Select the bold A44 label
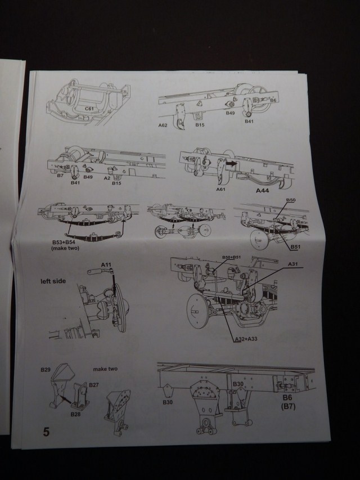tap(264, 191)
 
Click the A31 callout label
tap(293, 264)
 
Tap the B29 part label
tap(46, 370)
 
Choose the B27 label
tap(93, 385)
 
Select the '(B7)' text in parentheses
tap(287, 406)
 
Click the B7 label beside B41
tap(60, 177)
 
